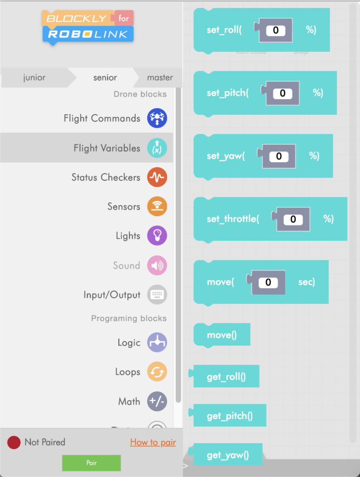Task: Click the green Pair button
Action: pyautogui.click(x=91, y=463)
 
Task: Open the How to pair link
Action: pyautogui.click(x=153, y=443)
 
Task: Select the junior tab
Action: pyautogui.click(x=34, y=78)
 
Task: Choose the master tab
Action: pyautogui.click(x=160, y=78)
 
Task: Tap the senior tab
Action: pyautogui.click(x=105, y=78)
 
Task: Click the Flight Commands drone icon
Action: pyautogui.click(x=157, y=118)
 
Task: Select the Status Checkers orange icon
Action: pyautogui.click(x=157, y=177)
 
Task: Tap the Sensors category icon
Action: pyautogui.click(x=157, y=207)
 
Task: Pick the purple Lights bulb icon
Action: pyautogui.click(x=157, y=236)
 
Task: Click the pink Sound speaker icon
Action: pyautogui.click(x=157, y=266)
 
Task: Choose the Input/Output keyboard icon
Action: pyautogui.click(x=157, y=295)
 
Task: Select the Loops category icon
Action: pyautogui.click(x=157, y=372)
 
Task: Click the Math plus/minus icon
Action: pyautogui.click(x=157, y=402)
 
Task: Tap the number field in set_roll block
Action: pyautogui.click(x=276, y=30)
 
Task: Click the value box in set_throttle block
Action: pyautogui.click(x=293, y=219)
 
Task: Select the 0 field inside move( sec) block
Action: pyautogui.click(x=268, y=282)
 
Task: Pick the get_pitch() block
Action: pyautogui.click(x=230, y=416)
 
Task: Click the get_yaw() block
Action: pyautogui.click(x=228, y=455)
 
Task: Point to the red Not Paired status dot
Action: pyautogui.click(x=14, y=443)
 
